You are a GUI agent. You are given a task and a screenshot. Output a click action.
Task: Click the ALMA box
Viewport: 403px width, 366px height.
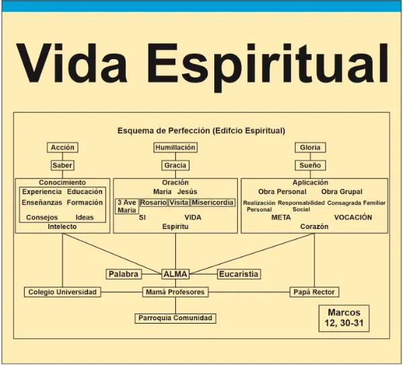pyautogui.click(x=175, y=274)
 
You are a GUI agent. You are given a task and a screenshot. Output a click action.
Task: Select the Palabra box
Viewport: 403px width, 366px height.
pyautogui.click(x=124, y=274)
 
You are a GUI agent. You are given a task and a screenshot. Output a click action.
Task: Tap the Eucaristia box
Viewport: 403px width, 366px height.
pyautogui.click(x=238, y=274)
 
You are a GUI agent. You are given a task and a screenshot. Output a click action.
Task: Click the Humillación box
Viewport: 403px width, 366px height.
pyautogui.click(x=175, y=148)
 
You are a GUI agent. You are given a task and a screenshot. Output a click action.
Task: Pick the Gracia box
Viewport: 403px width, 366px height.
pyautogui.click(x=175, y=165)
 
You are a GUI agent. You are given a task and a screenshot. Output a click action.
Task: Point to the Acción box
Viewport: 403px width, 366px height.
pyautogui.click(x=62, y=148)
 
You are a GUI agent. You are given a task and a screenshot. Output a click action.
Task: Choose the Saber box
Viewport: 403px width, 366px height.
pyautogui.click(x=62, y=165)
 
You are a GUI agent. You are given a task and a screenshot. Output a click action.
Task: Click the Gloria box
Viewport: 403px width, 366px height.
pyautogui.click(x=310, y=148)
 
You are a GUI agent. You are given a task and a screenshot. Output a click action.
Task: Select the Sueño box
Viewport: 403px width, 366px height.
pyautogui.click(x=310, y=165)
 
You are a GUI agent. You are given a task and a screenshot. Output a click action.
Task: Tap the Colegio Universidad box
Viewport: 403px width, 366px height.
pyautogui.click(x=62, y=292)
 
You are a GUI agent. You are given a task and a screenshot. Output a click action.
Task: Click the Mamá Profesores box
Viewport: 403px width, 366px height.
pyautogui.click(x=175, y=292)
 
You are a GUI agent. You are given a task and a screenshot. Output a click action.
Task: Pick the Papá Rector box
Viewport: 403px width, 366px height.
pyautogui.click(x=314, y=292)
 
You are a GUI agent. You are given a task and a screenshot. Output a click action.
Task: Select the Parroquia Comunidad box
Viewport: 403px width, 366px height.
pyautogui.click(x=175, y=318)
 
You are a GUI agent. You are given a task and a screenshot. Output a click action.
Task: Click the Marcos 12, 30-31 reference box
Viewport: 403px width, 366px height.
pyautogui.click(x=344, y=318)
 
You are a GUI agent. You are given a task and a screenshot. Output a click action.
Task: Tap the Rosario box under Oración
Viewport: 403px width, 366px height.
pyautogui.click(x=153, y=203)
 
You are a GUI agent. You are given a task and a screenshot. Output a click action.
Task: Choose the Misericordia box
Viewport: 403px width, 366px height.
pyautogui.click(x=213, y=203)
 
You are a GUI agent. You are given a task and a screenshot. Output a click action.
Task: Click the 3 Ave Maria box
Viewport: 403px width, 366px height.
pyautogui.click(x=127, y=206)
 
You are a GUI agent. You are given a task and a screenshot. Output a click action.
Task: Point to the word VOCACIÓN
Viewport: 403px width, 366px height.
pyautogui.click(x=353, y=218)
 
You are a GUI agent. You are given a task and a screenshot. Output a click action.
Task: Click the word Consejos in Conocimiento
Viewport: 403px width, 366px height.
pyautogui.click(x=42, y=218)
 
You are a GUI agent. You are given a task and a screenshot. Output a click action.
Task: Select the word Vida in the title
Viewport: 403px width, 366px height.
pyautogui.click(x=72, y=63)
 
